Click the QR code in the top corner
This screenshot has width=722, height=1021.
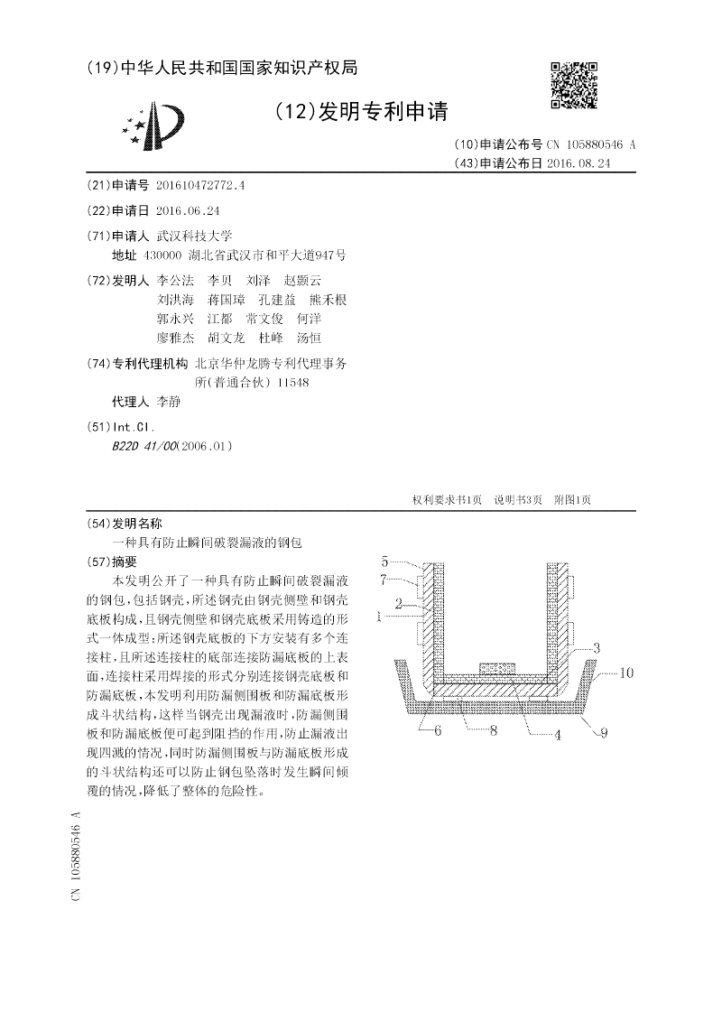click(x=574, y=85)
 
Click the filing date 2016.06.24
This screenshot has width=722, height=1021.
click(x=188, y=209)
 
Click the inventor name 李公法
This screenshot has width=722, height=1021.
click(x=175, y=280)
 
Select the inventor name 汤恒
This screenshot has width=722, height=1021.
click(x=309, y=338)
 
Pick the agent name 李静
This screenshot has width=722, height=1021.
click(x=169, y=402)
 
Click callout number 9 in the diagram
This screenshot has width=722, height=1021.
click(x=604, y=733)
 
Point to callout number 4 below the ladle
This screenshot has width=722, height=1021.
click(x=557, y=735)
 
